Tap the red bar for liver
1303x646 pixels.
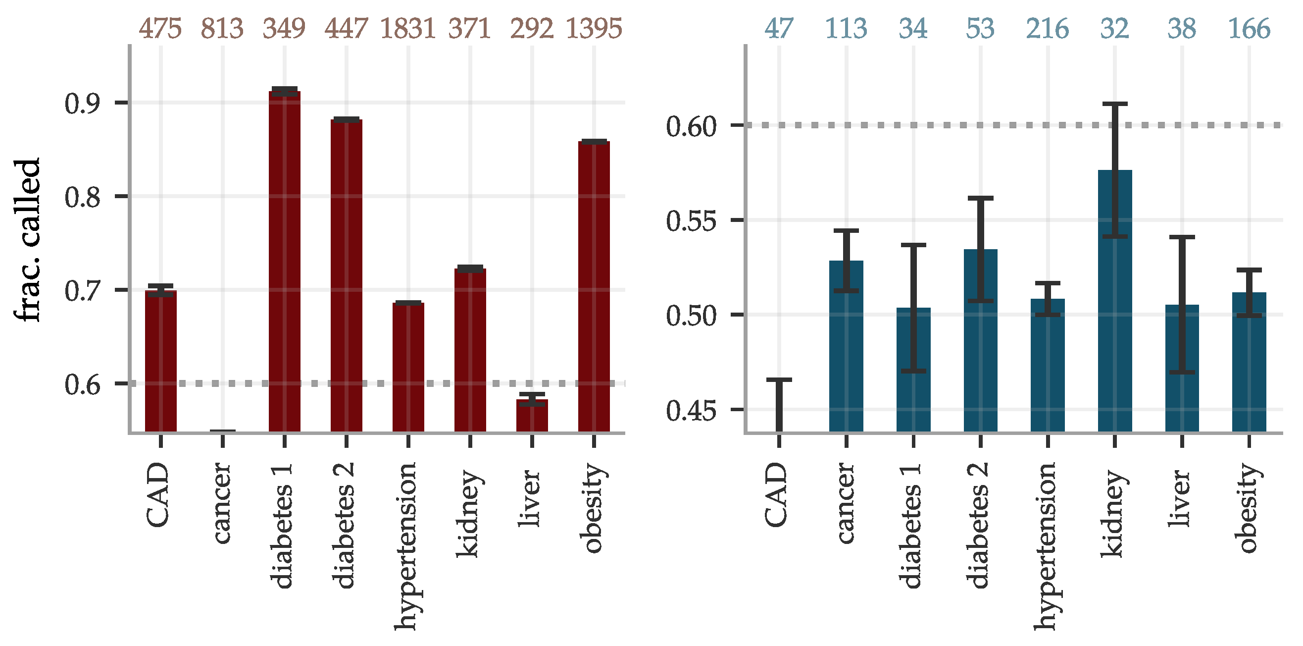coord(532,416)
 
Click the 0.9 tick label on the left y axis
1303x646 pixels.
coord(83,103)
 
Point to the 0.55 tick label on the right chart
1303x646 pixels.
coord(691,221)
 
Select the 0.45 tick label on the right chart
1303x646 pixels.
coord(691,411)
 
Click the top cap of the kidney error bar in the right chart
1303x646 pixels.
coord(1115,104)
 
